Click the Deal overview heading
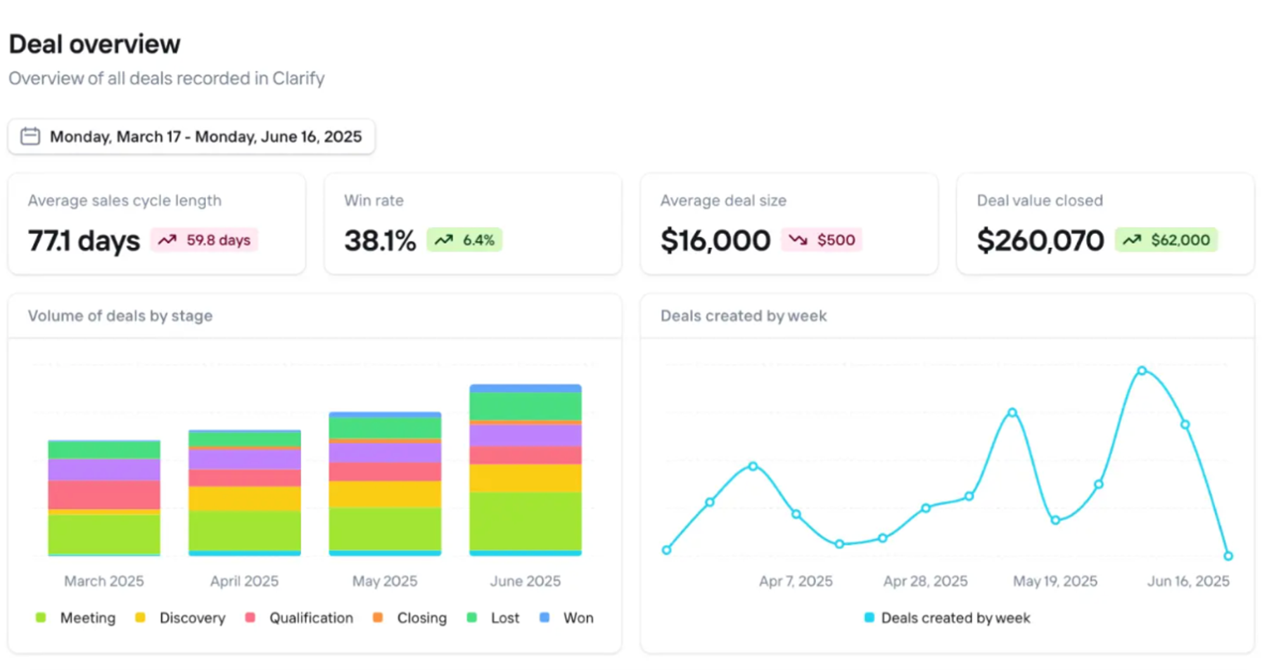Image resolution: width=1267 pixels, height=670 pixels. point(94,44)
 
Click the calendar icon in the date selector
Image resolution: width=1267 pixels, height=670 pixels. point(30,136)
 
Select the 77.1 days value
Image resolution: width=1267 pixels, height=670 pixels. point(84,241)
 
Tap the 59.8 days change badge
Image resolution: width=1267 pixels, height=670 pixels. point(204,240)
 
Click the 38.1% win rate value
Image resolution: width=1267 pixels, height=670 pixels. point(380,241)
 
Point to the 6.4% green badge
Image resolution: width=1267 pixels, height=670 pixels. point(464,240)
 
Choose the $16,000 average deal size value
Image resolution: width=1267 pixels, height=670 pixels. point(715,241)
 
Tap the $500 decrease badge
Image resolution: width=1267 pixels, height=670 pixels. point(822,240)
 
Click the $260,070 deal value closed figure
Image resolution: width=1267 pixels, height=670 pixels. point(1040,241)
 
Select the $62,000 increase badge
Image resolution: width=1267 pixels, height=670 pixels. point(1166,240)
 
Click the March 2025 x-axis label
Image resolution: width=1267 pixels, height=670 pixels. point(104,581)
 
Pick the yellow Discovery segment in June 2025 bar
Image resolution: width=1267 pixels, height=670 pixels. point(525,478)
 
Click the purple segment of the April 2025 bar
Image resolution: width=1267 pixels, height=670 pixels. point(245,459)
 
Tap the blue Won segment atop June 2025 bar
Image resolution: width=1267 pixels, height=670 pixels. point(525,388)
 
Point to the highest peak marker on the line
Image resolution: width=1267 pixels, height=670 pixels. point(1142,370)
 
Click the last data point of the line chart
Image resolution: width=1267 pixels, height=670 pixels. point(1228,556)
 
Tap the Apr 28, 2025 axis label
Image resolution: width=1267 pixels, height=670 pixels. point(926,581)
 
